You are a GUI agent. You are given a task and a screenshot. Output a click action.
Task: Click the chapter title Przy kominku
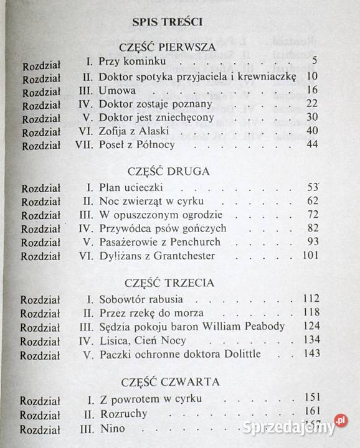pos(126,62)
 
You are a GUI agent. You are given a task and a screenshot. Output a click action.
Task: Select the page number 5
pos(316,62)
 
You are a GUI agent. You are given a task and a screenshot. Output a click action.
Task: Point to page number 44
pos(312,145)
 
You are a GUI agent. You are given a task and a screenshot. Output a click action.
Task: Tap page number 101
pos(310,255)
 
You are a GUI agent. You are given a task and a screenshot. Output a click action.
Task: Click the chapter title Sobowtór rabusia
pos(138,299)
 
